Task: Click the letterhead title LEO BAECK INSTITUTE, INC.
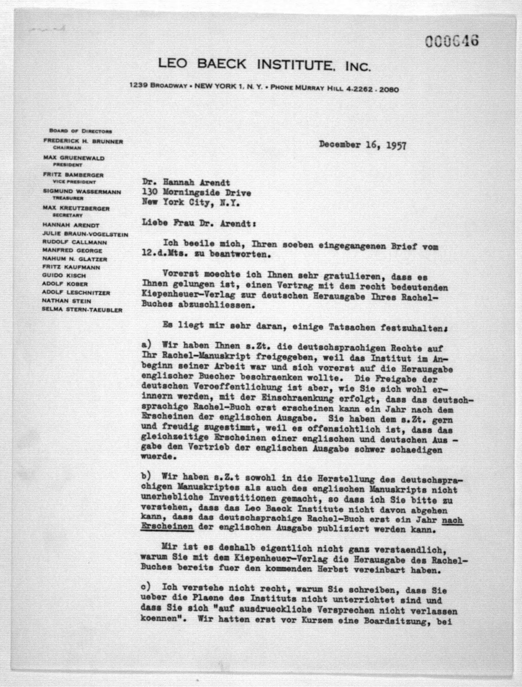pos(264,65)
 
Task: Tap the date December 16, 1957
pos(362,145)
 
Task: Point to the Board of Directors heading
pos(80,131)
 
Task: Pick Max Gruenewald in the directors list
pos(74,158)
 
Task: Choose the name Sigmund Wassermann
pos(82,192)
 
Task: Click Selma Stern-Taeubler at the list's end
pos(82,310)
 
